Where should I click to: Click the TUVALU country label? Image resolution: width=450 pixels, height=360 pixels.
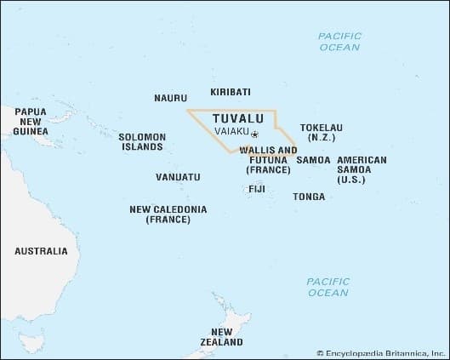pos(236,118)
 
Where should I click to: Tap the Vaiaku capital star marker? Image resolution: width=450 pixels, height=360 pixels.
pos(254,134)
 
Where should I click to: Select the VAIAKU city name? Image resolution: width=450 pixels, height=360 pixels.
pos(232,134)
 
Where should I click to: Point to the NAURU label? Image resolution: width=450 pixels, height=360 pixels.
pos(170,98)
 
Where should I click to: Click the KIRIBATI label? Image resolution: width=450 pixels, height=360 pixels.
pos(230,91)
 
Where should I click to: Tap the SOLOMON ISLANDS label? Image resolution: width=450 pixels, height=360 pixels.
pos(140,141)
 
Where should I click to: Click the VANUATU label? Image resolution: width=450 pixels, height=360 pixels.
pos(179,177)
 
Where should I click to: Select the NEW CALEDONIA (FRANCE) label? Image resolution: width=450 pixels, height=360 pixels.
pos(168,214)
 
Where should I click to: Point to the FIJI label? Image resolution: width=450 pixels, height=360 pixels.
pos(257,188)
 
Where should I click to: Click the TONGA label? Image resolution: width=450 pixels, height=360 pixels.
pos(308,197)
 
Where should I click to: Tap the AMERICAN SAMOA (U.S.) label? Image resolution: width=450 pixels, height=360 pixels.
pos(362,170)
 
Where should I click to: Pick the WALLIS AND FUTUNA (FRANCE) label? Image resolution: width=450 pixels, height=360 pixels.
pos(269,159)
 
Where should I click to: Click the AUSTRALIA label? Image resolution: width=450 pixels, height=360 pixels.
pos(41,251)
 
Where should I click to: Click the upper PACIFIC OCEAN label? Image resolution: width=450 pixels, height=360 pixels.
pos(339,42)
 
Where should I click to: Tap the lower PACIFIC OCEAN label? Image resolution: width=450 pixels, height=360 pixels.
pos(328,287)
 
